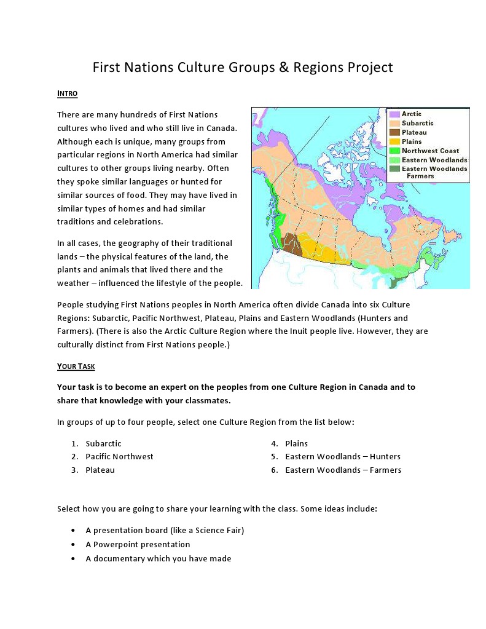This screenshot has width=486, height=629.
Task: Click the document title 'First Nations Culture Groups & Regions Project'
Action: coord(243,67)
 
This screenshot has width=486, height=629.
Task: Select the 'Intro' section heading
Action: coord(67,93)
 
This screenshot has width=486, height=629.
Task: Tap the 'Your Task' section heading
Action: coord(76,366)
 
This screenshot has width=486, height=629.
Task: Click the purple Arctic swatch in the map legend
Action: coord(394,114)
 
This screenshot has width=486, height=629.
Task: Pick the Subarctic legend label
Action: coord(418,124)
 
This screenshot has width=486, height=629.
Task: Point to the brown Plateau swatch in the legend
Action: coord(394,132)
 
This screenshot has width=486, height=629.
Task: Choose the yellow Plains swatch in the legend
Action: coord(394,141)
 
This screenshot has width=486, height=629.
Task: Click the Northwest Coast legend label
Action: coord(430,151)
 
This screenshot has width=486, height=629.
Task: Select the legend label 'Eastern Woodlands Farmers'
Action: coord(434,172)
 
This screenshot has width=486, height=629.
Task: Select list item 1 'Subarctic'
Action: coord(103,443)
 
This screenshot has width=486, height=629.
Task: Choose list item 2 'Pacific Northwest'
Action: coord(119,457)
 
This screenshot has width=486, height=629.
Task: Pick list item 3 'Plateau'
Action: coord(100,470)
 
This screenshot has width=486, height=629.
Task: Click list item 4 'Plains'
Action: coord(296,443)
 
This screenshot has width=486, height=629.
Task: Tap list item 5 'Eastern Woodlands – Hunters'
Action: coord(342,457)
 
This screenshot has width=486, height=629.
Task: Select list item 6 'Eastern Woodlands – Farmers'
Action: coord(343,470)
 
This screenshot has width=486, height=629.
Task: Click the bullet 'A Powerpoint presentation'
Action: coord(138,545)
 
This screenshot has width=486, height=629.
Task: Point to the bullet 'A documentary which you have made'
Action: coord(158,559)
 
